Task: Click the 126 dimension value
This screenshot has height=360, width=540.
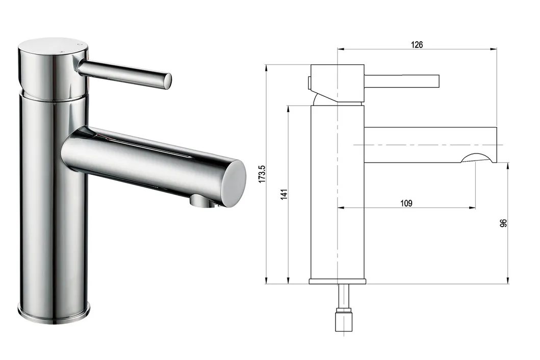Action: (417, 45)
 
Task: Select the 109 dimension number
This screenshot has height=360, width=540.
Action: (406, 203)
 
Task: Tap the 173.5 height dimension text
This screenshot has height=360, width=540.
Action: (262, 174)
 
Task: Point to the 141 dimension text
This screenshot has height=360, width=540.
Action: (284, 194)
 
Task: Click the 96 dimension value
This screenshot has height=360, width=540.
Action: (503, 223)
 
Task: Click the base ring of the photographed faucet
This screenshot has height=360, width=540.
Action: (54, 312)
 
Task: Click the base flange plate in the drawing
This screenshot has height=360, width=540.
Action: (337, 281)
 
